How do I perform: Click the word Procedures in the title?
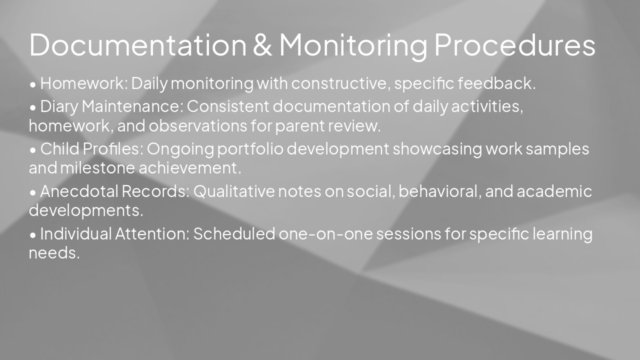click(514, 45)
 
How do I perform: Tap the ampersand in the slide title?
click(262, 45)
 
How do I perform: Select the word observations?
click(198, 126)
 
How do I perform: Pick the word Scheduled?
click(234, 234)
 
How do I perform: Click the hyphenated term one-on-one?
click(325, 234)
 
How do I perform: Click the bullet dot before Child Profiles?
click(33, 150)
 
